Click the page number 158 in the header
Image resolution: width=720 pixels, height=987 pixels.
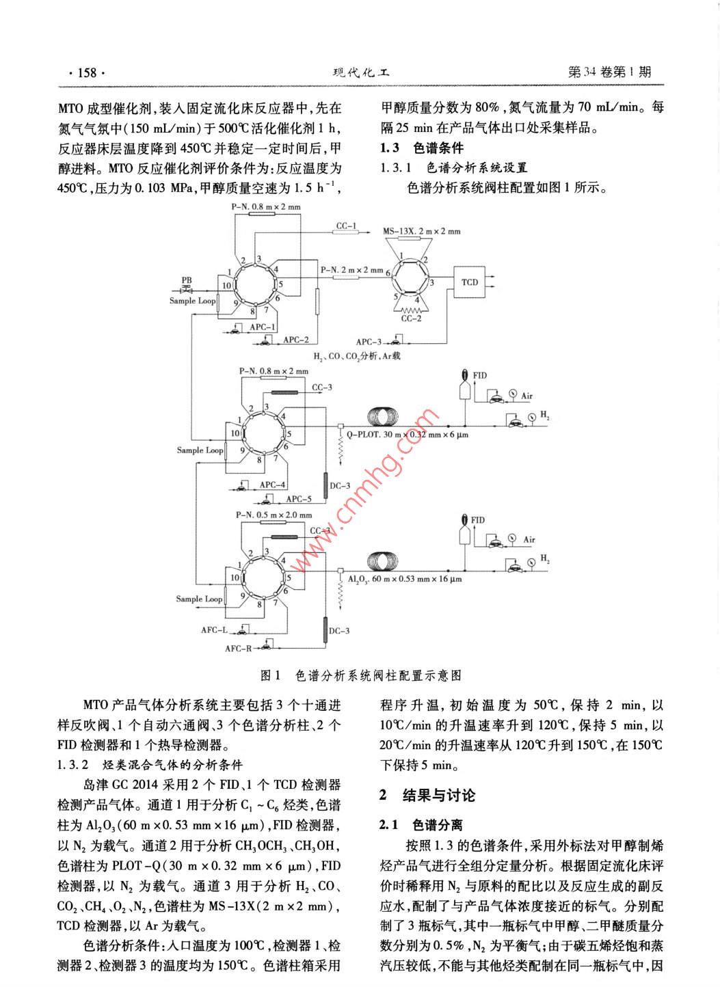(87, 72)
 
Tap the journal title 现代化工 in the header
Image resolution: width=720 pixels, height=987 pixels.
(360, 72)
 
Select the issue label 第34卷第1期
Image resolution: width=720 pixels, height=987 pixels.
(609, 72)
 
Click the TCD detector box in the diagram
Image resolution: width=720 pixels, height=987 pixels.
(470, 282)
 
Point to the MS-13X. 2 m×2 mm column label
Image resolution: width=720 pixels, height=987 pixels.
(421, 232)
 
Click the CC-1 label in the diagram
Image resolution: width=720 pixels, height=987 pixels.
(346, 226)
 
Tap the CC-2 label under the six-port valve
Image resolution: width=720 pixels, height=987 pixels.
(411, 318)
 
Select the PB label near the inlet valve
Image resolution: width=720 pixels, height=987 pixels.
(187, 280)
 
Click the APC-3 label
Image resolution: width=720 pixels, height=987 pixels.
(369, 342)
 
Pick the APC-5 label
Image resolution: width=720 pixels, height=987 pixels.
(298, 499)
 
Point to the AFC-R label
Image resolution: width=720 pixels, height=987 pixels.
(238, 648)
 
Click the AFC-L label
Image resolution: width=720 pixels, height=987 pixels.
(214, 630)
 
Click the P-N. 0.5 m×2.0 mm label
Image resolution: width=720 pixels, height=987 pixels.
(274, 515)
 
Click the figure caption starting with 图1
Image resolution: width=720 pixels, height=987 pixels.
(360, 675)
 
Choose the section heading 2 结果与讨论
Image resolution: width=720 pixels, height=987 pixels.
(427, 795)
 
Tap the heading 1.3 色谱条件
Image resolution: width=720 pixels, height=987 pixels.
(421, 148)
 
